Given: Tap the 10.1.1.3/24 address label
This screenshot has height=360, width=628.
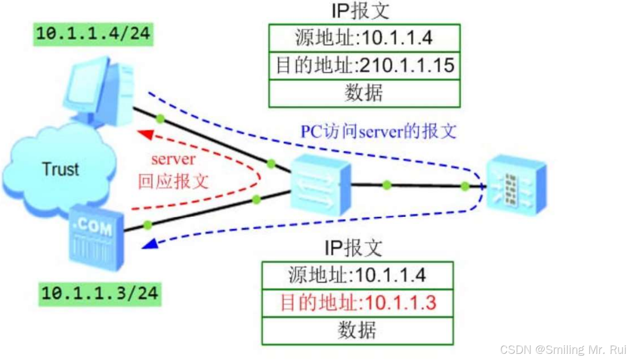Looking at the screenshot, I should click(99, 292).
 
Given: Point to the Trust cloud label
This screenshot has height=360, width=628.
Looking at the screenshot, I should click(60, 169).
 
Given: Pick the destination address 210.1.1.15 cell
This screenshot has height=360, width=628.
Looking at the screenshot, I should click(364, 66).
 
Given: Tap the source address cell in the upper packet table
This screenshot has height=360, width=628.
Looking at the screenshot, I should click(364, 38).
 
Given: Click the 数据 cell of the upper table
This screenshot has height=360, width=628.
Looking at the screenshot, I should click(364, 93).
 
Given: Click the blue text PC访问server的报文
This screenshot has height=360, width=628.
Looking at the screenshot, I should click(378, 131).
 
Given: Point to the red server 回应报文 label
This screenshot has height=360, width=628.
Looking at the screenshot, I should click(174, 170).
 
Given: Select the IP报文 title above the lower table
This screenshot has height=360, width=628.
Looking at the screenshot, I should click(353, 248).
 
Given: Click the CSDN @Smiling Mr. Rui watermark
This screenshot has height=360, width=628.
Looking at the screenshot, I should click(563, 350).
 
